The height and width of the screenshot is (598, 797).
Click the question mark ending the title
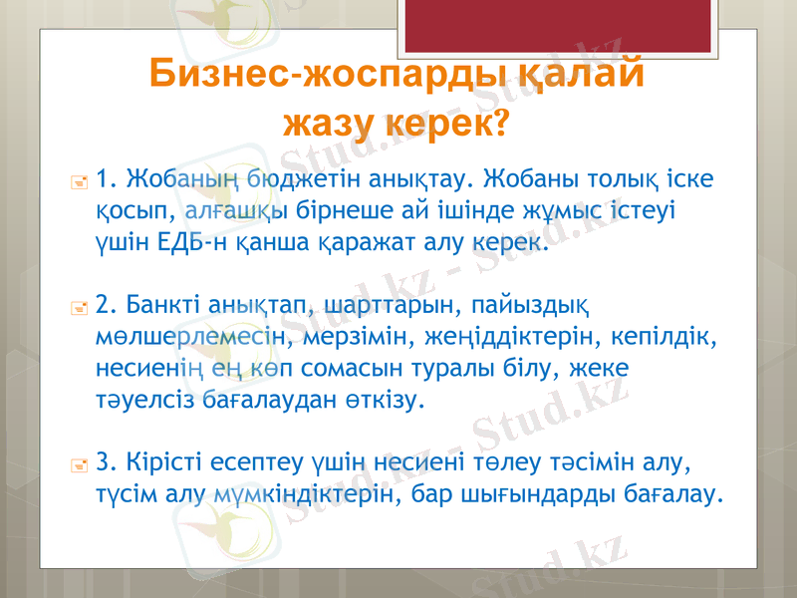[498, 124]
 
